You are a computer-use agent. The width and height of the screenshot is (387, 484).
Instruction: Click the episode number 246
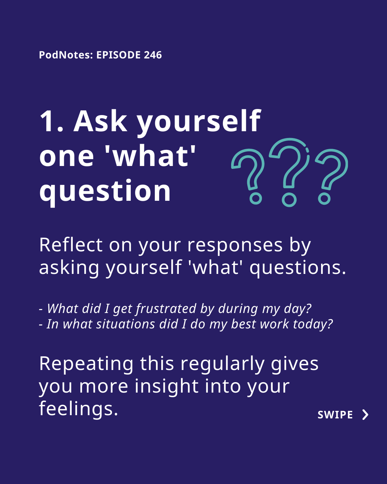pyautogui.click(x=153, y=55)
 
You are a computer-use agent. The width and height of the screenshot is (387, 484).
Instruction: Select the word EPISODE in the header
pyautogui.click(x=119, y=55)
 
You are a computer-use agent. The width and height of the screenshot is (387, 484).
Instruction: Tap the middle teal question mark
pyautogui.click(x=290, y=172)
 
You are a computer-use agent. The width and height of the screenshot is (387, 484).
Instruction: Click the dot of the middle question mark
pyautogui.click(x=289, y=200)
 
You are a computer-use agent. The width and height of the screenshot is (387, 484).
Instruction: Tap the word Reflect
pyautogui.click(x=71, y=245)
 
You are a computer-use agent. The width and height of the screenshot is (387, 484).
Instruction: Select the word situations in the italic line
pyautogui.click(x=125, y=324)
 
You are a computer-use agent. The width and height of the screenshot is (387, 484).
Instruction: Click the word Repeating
pyautogui.click(x=86, y=364)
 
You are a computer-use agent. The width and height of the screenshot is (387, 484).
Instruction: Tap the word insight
pyautogui.click(x=167, y=387)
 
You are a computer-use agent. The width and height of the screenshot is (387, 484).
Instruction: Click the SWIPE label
pyautogui.click(x=335, y=415)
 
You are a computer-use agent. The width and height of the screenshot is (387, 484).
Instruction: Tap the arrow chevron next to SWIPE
pyautogui.click(x=365, y=415)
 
